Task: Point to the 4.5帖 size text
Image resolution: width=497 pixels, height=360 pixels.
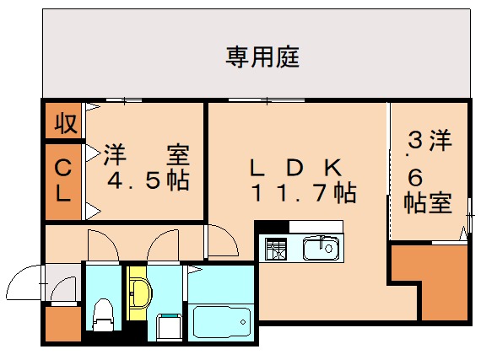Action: [148, 180]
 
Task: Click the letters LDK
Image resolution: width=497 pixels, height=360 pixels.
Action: [295, 166]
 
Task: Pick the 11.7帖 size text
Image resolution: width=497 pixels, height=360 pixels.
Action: [302, 193]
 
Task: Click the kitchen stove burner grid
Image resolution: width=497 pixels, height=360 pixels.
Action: [277, 249]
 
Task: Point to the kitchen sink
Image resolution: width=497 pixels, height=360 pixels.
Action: [320, 248]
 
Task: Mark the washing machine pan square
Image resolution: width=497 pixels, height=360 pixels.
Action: [170, 325]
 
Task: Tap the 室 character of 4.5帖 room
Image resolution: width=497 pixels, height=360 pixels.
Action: [178, 155]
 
